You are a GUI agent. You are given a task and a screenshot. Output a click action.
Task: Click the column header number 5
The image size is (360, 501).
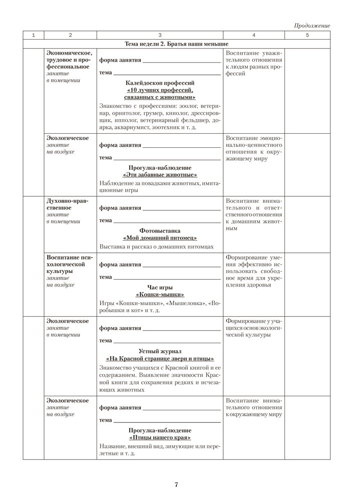click(307, 35)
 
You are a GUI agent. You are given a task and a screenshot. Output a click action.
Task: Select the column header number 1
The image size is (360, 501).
click(34, 35)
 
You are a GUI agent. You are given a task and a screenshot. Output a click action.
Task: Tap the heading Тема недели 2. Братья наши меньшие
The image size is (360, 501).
click(160, 44)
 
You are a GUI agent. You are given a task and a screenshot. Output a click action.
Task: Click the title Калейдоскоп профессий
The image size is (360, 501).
click(160, 82)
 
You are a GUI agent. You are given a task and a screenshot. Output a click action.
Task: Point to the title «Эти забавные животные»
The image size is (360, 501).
click(160, 174)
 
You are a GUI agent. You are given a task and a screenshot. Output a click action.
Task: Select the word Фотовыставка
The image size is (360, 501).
click(160, 230)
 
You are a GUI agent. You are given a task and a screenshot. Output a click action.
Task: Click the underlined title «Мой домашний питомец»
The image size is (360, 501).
click(160, 238)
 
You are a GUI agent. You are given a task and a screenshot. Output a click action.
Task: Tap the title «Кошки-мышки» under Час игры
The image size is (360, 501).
click(160, 295)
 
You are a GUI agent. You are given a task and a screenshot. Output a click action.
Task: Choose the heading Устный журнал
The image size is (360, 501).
click(160, 351)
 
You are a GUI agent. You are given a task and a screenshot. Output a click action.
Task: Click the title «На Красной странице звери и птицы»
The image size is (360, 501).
click(160, 359)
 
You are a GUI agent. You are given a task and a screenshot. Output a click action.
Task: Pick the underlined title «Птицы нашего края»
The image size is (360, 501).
click(160, 437)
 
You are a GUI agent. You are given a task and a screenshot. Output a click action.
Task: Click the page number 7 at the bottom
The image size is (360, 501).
click(177, 484)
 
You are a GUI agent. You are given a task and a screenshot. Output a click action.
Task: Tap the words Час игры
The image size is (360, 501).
click(160, 287)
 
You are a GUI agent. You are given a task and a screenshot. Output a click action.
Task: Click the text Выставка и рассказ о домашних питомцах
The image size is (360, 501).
click(157, 246)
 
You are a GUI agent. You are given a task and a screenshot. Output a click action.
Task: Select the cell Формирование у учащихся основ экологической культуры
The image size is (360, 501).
click(254, 327)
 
